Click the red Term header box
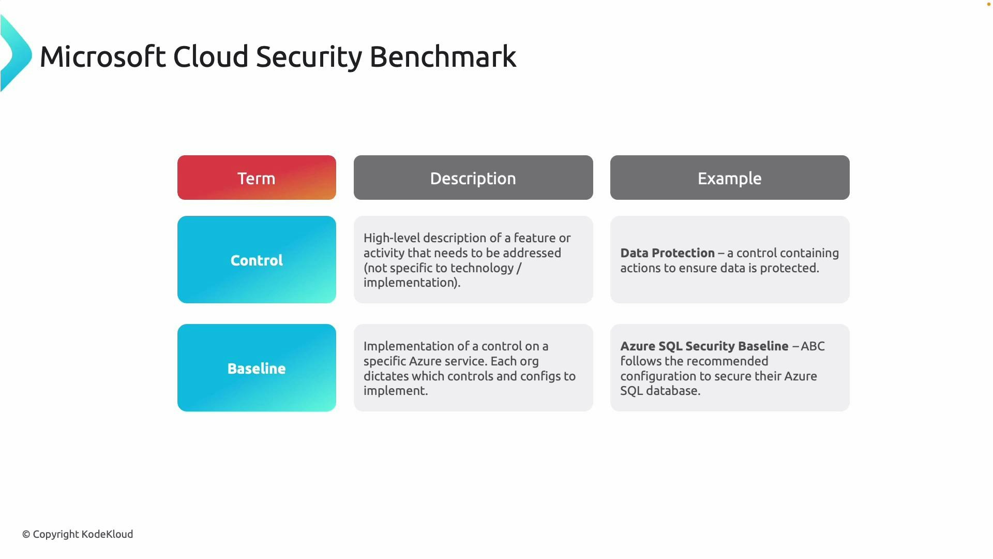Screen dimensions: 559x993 pos(257,178)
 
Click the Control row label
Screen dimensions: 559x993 pos(257,260)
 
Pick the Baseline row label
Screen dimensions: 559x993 pos(257,368)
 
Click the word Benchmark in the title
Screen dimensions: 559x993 pos(443,56)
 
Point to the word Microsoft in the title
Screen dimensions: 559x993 pos(102,56)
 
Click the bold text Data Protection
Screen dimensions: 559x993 pos(667,253)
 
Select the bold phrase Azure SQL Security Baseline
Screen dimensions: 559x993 pos(704,346)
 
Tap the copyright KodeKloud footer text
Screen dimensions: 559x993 pos(78,534)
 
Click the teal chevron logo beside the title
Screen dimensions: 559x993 pos(16,54)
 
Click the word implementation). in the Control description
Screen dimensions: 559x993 pos(412,283)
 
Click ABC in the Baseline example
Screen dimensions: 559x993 pos(813,346)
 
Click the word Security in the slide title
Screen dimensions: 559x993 pos(309,56)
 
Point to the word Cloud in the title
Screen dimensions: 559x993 pos(210,56)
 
